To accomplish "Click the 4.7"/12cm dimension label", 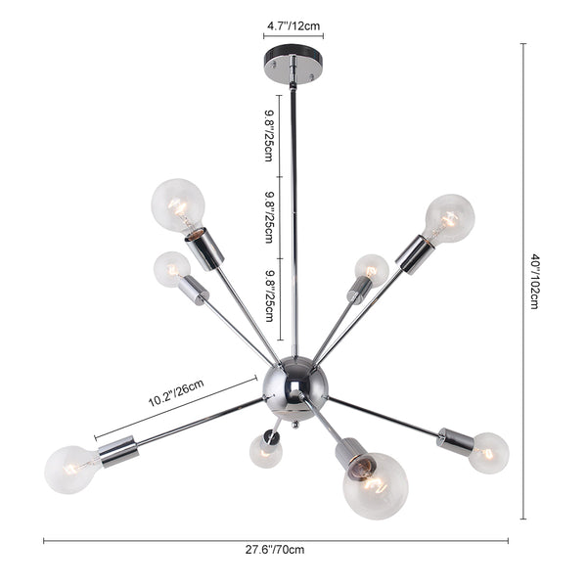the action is [293, 25].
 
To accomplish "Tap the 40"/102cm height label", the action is [535, 282].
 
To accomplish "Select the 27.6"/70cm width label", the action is [275, 550].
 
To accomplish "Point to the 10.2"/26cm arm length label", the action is [176, 392].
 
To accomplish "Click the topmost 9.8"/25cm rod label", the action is [269, 136].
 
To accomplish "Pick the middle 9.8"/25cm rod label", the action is [269, 217].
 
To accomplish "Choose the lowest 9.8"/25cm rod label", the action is [269, 295].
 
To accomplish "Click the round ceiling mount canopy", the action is [293, 65].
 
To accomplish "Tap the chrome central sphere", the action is [295, 387].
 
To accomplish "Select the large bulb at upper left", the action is [178, 205].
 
